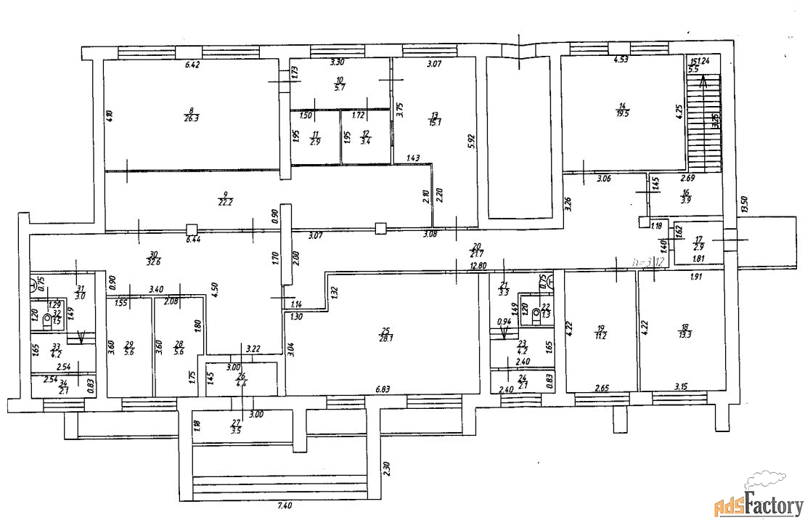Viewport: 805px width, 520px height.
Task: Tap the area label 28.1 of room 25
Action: point(387,336)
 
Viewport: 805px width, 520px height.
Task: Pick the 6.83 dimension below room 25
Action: point(383,391)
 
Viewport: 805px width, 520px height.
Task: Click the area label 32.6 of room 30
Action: point(153,263)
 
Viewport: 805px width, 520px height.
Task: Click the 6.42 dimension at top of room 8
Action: point(192,65)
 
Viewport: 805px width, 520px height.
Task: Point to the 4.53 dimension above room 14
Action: point(621,60)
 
